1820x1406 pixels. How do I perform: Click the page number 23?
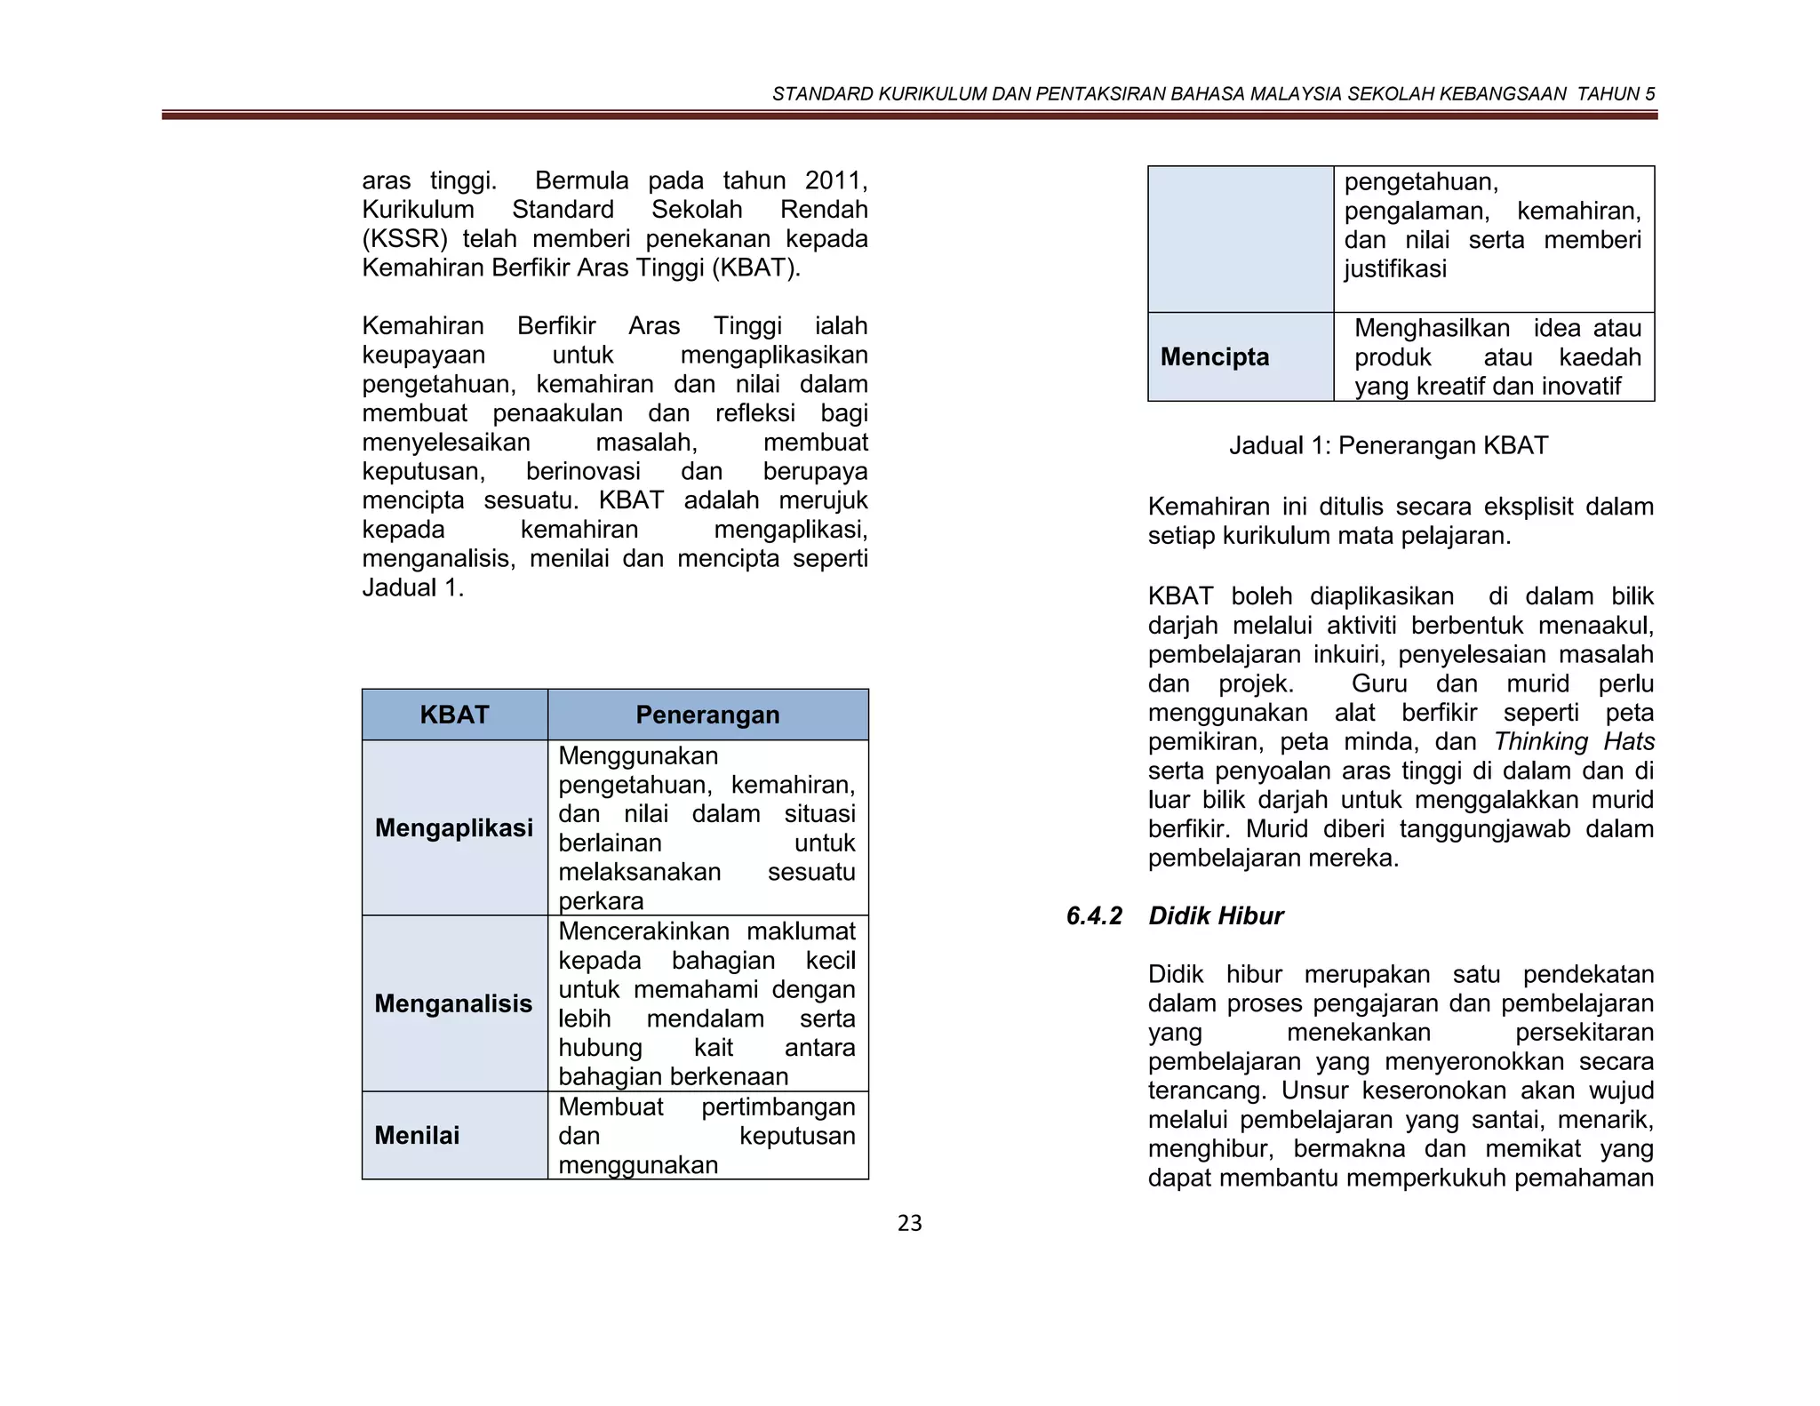click(x=909, y=1224)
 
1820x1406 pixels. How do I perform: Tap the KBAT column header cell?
click(x=454, y=715)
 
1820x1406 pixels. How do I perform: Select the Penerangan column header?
click(x=707, y=715)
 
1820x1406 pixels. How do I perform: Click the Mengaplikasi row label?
click(x=454, y=827)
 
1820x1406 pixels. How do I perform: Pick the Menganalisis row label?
click(x=453, y=1003)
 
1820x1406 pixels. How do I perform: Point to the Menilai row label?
click(x=417, y=1135)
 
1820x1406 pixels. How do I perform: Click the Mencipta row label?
click(x=1214, y=357)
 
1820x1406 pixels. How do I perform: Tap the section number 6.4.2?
click(x=1094, y=916)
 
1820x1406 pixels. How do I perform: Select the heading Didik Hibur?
click(x=1215, y=916)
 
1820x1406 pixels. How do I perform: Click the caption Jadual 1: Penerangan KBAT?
click(x=1388, y=445)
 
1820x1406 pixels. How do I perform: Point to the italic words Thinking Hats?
click(x=1573, y=741)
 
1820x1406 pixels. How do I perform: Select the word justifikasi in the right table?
click(x=1394, y=268)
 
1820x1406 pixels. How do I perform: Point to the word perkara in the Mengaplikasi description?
click(x=601, y=900)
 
